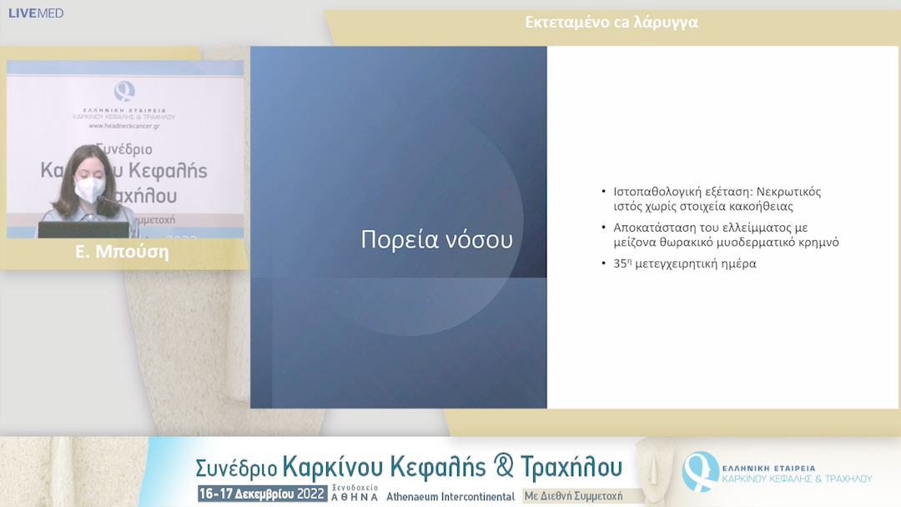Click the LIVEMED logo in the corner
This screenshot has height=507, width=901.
click(x=35, y=13)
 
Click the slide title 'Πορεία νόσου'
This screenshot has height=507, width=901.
click(x=436, y=239)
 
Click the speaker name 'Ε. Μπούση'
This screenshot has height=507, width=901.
click(x=122, y=252)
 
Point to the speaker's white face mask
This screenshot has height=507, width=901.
click(x=89, y=189)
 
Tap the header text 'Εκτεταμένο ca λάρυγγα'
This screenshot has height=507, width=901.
click(x=612, y=23)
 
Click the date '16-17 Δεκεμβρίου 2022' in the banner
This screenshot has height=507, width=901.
click(x=262, y=494)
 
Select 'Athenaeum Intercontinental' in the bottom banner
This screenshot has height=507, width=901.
click(x=450, y=496)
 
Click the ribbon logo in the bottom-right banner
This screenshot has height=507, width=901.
click(x=699, y=471)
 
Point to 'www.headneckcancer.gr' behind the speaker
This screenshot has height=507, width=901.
click(x=124, y=126)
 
